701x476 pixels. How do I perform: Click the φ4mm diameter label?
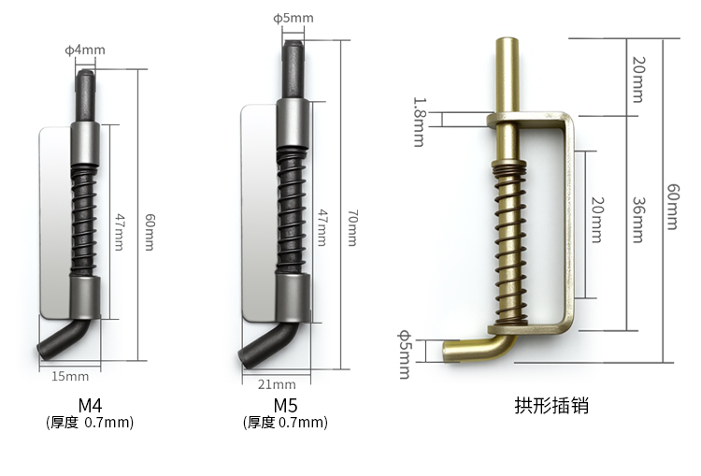tap(85, 50)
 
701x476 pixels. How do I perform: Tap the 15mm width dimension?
tap(70, 376)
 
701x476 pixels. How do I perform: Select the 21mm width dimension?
tap(277, 384)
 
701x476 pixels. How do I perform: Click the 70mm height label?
tap(352, 227)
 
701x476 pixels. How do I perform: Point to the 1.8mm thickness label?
tap(419, 122)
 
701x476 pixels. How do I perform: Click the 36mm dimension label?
tap(638, 220)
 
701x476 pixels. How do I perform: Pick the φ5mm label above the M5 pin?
tap(293, 18)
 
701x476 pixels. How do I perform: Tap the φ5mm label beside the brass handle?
tap(405, 354)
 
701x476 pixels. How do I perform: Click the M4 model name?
tap(90, 405)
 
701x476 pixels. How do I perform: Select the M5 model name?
tap(285, 405)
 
